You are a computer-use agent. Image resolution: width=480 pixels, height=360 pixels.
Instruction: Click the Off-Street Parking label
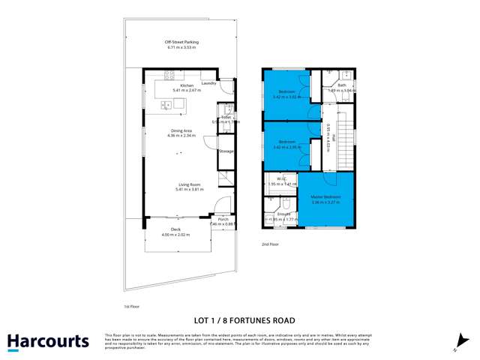(180, 42)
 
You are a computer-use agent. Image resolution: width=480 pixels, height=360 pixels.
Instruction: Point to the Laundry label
(209, 83)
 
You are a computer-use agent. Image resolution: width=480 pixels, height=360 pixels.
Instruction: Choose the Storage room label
(226, 151)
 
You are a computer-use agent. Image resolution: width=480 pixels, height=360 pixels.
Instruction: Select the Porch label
(223, 219)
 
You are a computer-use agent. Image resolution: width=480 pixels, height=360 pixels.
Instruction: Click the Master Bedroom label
(326, 197)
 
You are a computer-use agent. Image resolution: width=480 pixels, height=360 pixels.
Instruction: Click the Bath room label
(342, 85)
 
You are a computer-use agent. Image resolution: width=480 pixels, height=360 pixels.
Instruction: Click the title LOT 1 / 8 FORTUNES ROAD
(240, 319)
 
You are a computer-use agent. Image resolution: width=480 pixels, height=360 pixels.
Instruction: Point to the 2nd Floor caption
(269, 244)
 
